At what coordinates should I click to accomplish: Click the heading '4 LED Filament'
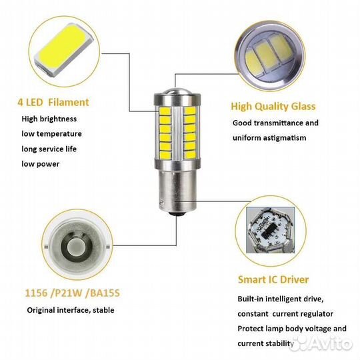click(x=53, y=103)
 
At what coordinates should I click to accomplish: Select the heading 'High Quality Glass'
click(x=273, y=107)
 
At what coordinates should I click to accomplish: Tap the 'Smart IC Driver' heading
click(x=273, y=279)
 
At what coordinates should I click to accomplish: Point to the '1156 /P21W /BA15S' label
click(x=72, y=293)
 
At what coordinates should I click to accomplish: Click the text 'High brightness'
click(x=49, y=119)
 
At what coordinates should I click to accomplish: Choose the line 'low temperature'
click(x=51, y=134)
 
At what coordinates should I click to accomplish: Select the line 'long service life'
click(x=49, y=149)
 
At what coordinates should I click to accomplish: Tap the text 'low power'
click(x=41, y=164)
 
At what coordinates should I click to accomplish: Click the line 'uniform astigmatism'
click(x=269, y=138)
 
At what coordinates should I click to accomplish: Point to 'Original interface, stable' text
click(x=71, y=310)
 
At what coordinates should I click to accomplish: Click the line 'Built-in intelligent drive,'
click(x=281, y=299)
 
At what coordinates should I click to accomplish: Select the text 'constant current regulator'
click(x=285, y=314)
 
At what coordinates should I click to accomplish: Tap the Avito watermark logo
click(x=321, y=344)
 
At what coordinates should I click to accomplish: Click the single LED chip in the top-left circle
click(x=63, y=50)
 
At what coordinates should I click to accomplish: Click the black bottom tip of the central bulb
click(x=177, y=213)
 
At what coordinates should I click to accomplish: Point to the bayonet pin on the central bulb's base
click(x=162, y=203)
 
